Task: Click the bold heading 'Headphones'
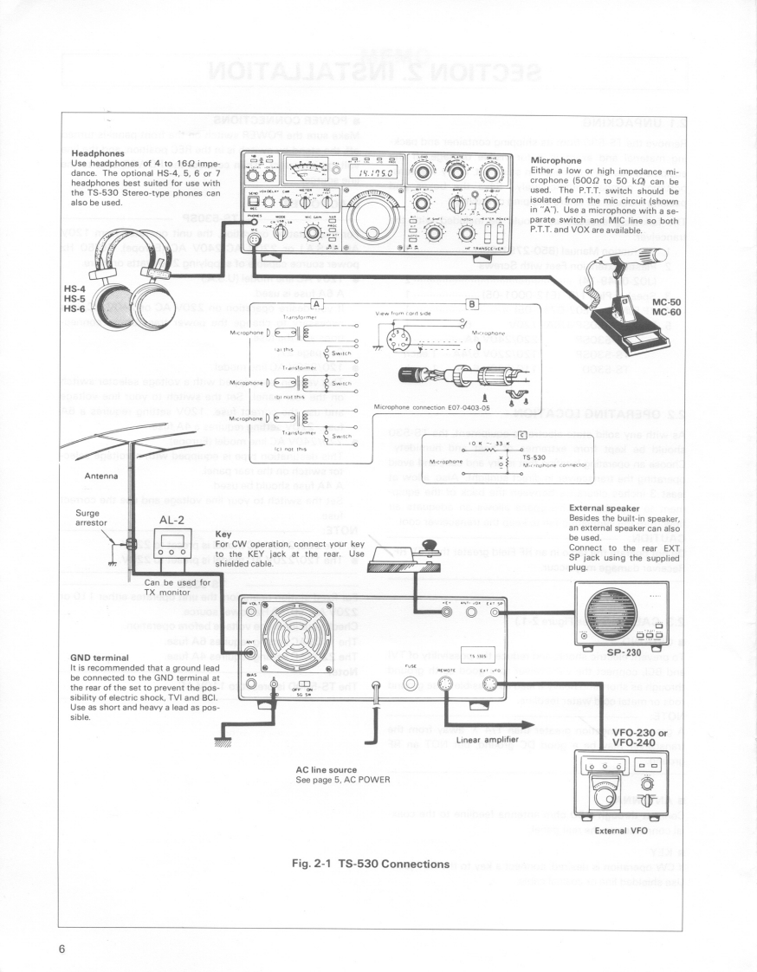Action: tap(99, 153)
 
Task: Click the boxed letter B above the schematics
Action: tap(470, 303)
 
